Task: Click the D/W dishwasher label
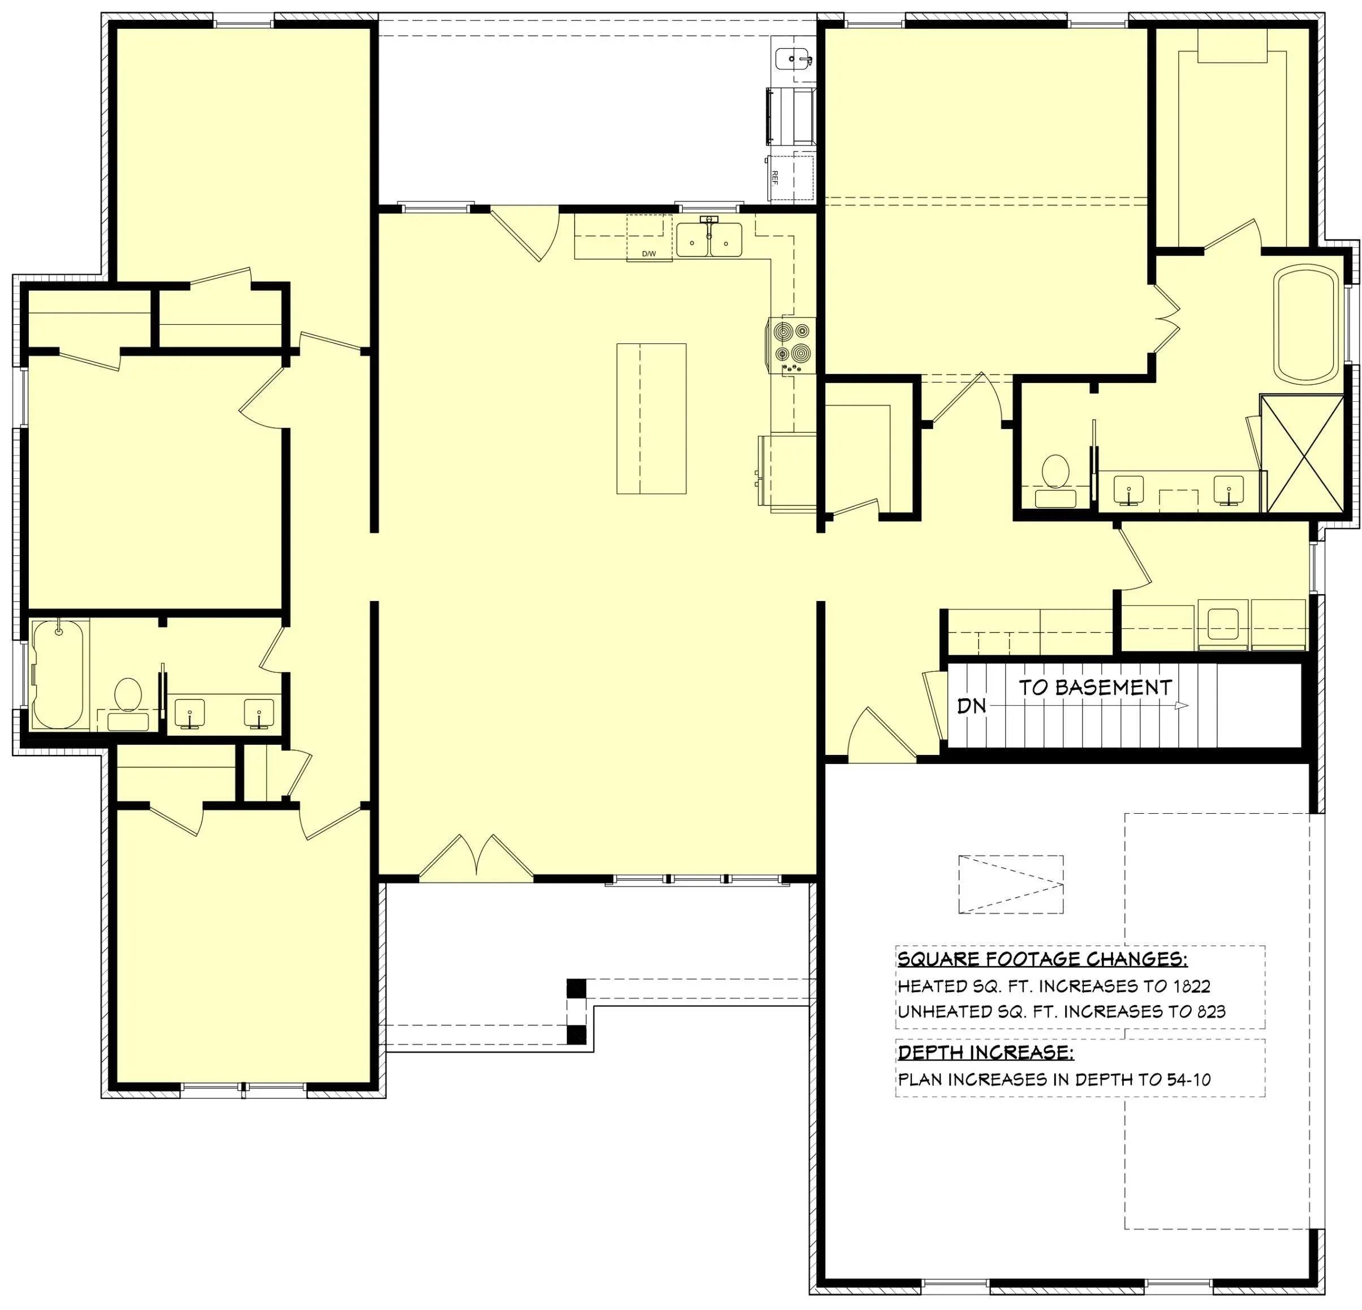coord(648,254)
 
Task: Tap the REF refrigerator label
coord(774,177)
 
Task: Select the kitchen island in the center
coord(651,419)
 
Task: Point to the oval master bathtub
coord(1307,324)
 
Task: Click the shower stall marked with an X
coord(1301,454)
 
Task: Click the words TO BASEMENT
coord(1095,688)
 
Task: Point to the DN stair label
coord(972,706)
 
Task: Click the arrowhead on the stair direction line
coord(1182,706)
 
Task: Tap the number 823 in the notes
coord(1211,1012)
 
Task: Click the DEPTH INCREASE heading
coord(985,1052)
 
